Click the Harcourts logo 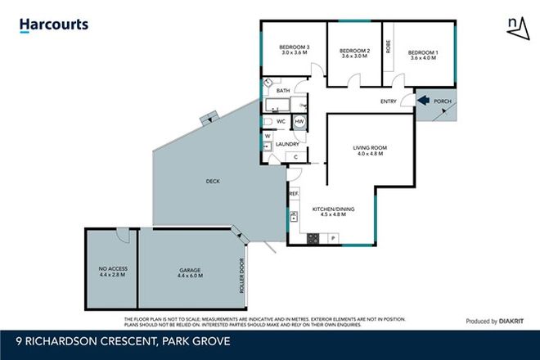click(53, 25)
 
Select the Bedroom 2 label click(355, 52)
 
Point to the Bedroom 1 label click(423, 52)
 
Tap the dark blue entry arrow click(424, 101)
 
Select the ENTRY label click(389, 101)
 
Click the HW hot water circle click(299, 121)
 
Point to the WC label click(280, 121)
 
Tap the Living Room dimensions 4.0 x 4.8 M click(369, 154)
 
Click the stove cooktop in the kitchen click(312, 238)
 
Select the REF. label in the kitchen click(294, 194)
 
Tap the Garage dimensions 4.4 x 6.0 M click(190, 276)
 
